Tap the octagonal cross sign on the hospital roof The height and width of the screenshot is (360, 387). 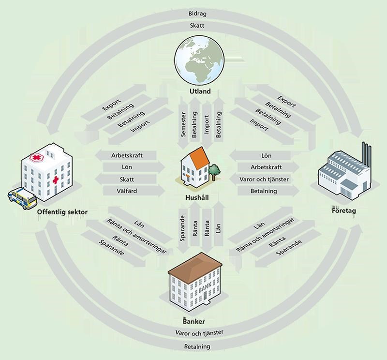click(36, 158)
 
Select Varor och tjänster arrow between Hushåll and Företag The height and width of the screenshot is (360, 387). click(264, 179)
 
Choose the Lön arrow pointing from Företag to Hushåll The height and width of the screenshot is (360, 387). click(265, 155)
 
